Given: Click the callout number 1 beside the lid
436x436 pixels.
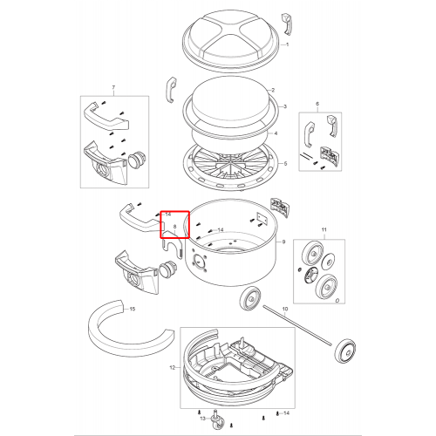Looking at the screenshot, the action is (287, 44).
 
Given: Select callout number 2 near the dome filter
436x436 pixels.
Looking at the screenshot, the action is (273, 90).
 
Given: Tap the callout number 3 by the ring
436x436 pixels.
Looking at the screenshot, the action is (285, 106).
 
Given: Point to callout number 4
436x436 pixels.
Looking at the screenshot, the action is (276, 133).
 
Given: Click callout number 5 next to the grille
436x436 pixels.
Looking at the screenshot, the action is (285, 164).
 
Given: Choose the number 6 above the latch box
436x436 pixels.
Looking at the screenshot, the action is (317, 104).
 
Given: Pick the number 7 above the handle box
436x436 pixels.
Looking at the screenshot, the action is (113, 87).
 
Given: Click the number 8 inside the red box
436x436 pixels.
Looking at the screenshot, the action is (174, 226).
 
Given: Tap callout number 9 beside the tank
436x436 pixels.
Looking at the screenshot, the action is (283, 242).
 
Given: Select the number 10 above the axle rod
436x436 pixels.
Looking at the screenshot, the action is (285, 309).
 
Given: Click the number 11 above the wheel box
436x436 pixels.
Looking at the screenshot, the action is (324, 229).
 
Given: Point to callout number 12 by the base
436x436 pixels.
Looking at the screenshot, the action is (173, 368).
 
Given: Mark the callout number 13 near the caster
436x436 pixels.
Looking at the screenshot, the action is (203, 419).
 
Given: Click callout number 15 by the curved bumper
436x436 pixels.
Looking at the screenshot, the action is (133, 309).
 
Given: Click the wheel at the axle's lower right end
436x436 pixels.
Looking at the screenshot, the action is (345, 351).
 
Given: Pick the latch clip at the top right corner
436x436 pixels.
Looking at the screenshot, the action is (287, 24).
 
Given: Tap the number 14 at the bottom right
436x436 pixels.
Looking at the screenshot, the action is (286, 413).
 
